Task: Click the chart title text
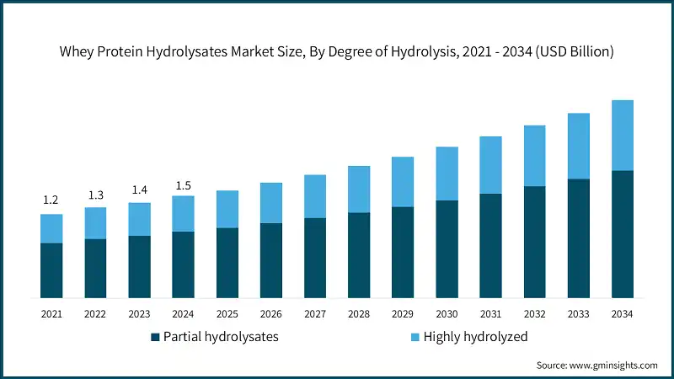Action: coord(337,51)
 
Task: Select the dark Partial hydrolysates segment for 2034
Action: coord(622,234)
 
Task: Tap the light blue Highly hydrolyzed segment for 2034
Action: coord(622,136)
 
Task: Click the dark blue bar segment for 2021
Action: coord(51,270)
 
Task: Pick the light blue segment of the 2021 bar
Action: coord(51,228)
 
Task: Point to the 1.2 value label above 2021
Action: coord(51,200)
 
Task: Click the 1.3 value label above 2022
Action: coord(95,195)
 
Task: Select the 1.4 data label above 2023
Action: coord(139,189)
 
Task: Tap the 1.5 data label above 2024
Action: coord(183,184)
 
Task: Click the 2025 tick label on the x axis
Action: coord(227,313)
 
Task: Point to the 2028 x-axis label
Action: coord(359,313)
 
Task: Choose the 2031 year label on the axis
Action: coord(490,313)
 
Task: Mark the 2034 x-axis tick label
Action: coord(622,313)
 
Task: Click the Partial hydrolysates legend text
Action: coord(220,337)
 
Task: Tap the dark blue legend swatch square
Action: coord(155,337)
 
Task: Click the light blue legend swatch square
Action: coord(415,337)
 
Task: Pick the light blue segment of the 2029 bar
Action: coord(403,182)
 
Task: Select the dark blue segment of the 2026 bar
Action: coord(270,260)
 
